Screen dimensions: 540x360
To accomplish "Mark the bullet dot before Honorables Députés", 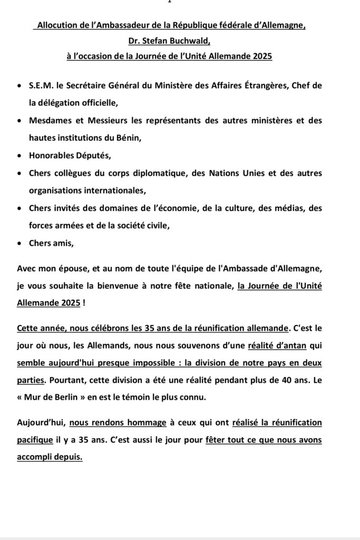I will point(20,156).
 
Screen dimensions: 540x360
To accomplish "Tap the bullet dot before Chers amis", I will point(20,244).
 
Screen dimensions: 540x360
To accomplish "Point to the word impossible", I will point(174,363).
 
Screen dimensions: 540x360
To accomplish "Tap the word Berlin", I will point(64,398).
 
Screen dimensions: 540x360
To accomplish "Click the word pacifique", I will point(36,440).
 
